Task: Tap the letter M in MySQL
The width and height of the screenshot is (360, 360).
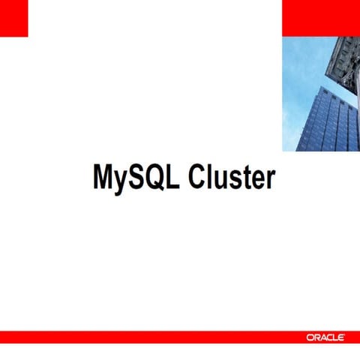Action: [x=103, y=178]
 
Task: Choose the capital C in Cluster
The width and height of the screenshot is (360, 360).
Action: [x=198, y=178]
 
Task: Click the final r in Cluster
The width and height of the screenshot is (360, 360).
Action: [x=270, y=181]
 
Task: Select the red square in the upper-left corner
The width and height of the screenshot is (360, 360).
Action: [x=13, y=18]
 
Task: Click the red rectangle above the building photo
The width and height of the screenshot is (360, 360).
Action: [x=320, y=18]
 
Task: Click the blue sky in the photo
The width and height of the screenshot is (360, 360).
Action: [x=300, y=67]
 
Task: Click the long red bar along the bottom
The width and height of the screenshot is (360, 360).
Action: [x=150, y=337]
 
